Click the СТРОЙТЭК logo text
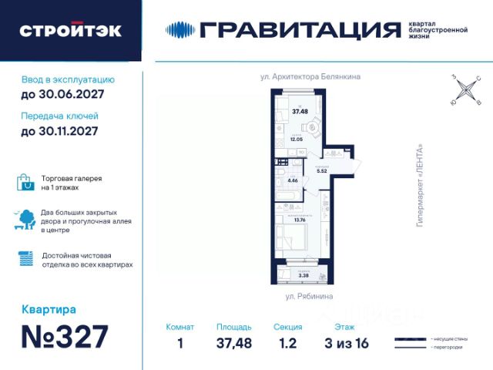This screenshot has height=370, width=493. [x=70, y=31]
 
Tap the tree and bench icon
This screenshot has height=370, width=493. [x=25, y=220]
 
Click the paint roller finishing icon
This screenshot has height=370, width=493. [x=25, y=259]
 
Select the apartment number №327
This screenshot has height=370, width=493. [x=65, y=338]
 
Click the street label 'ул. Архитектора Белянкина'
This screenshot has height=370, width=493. [x=310, y=77]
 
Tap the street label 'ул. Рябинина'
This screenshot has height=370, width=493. [x=309, y=296]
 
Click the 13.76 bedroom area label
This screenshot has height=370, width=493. [x=300, y=220]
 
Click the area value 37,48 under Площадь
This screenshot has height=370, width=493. [x=233, y=343]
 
